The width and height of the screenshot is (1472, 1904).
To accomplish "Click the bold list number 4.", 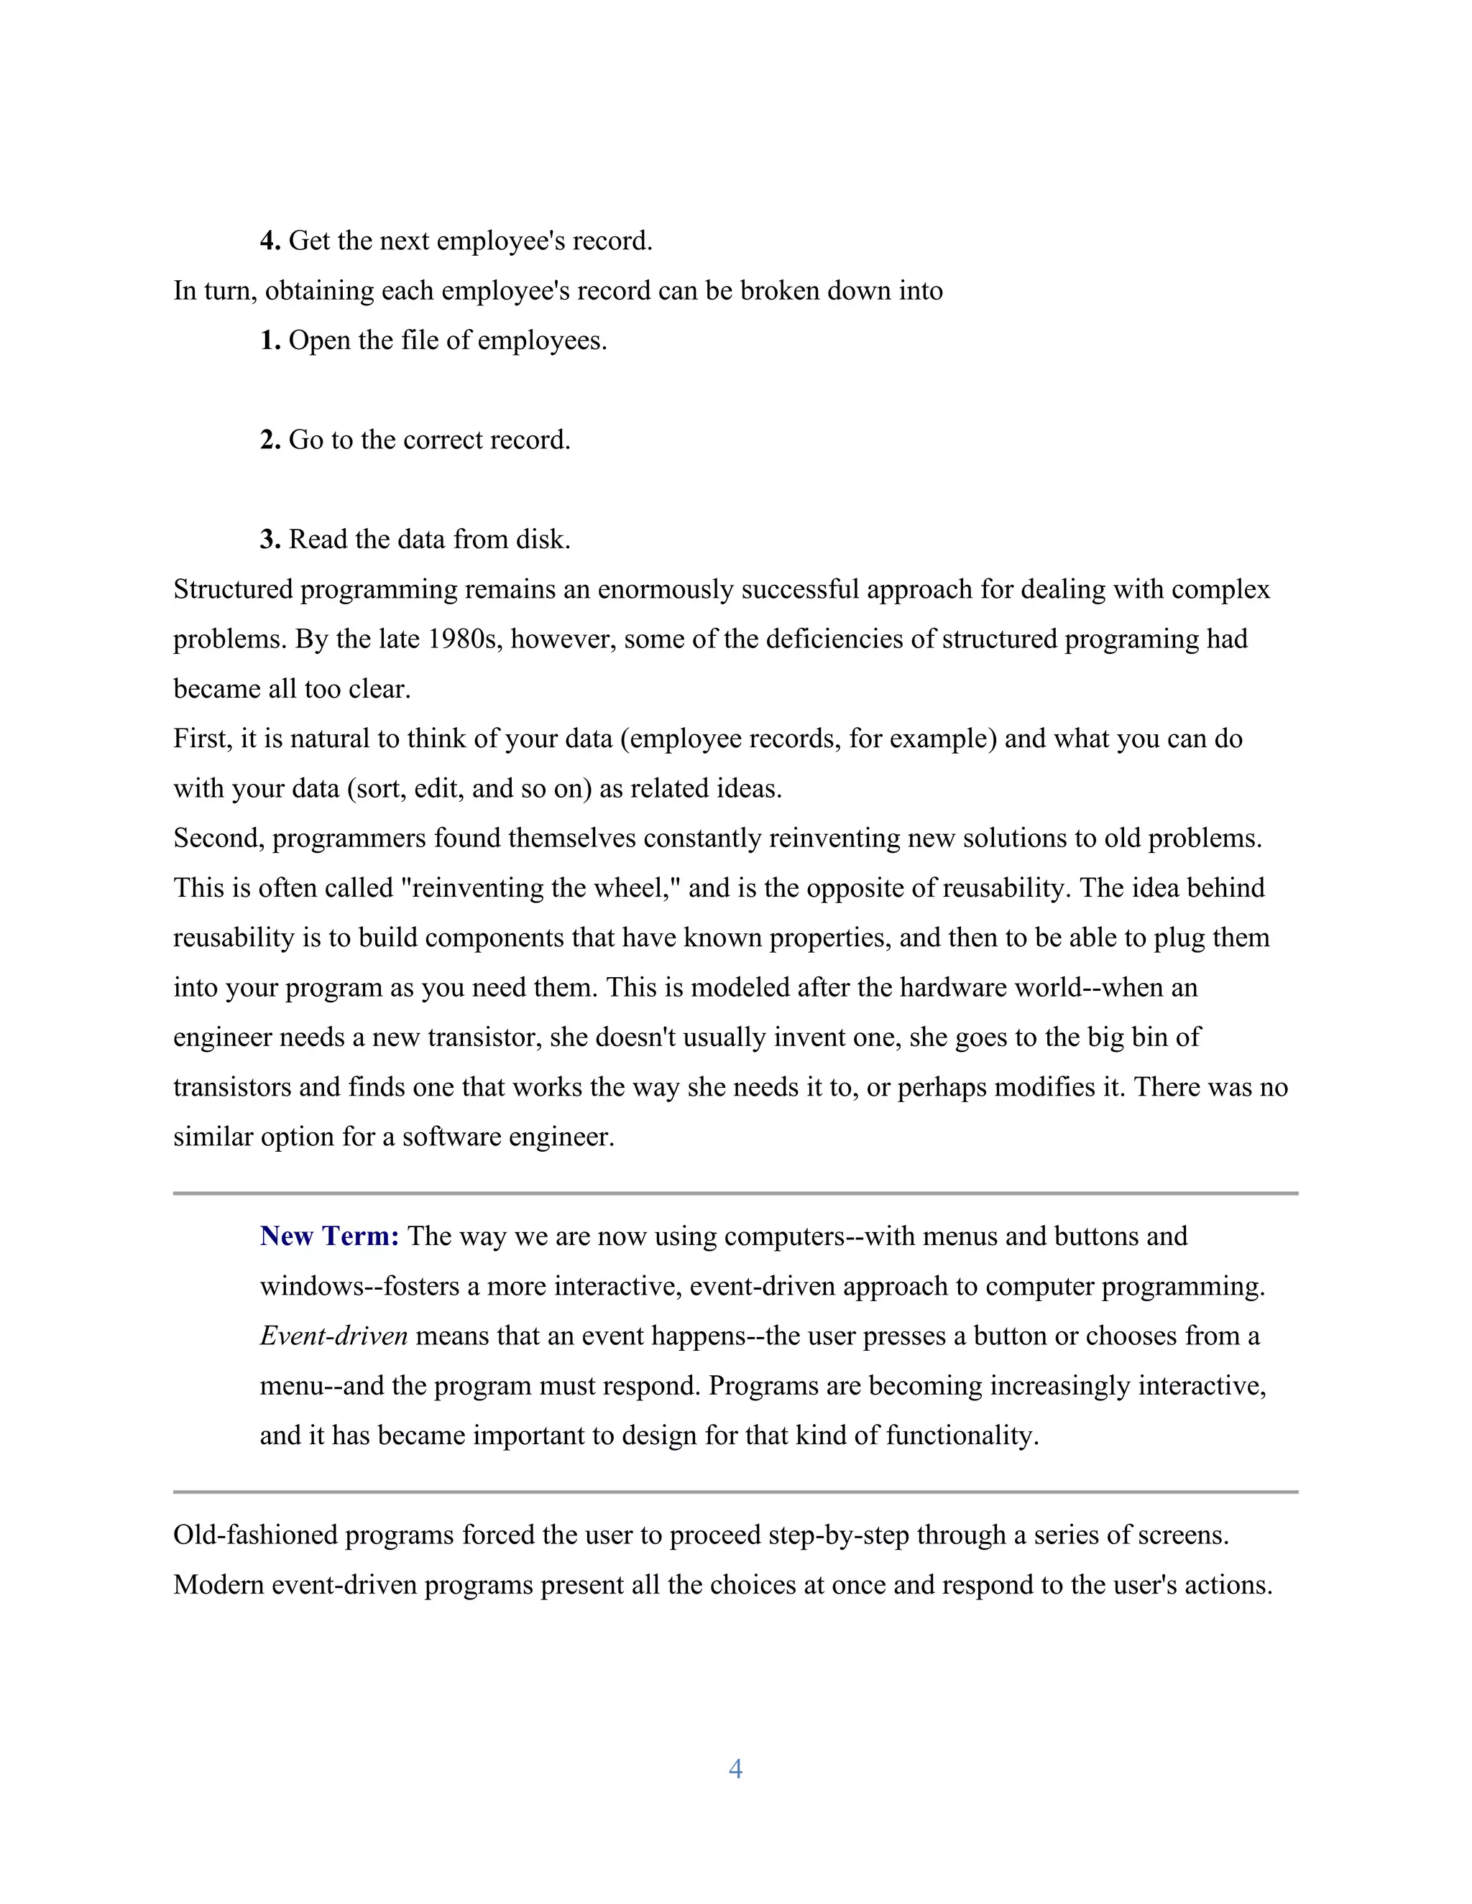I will tap(270, 241).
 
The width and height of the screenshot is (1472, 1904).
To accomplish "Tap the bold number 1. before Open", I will tap(270, 340).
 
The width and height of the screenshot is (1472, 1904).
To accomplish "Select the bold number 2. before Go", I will tap(270, 440).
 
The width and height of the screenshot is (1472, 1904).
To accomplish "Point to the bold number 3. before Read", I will tap(270, 539).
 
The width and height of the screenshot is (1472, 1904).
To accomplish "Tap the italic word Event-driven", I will tap(333, 1336).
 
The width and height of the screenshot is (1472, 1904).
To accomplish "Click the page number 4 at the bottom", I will tap(735, 1768).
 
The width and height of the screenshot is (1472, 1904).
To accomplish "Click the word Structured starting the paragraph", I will tap(233, 589).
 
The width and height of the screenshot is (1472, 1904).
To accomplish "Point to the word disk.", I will tap(543, 539).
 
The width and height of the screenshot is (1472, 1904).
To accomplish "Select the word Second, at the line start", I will tap(219, 838).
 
